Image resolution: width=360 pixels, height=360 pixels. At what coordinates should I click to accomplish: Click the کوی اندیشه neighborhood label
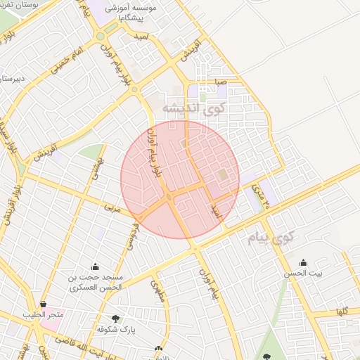[x=194, y=108]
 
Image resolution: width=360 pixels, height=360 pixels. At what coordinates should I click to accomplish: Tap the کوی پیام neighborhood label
[x=269, y=238]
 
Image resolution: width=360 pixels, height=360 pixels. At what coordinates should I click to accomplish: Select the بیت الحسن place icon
[x=303, y=262]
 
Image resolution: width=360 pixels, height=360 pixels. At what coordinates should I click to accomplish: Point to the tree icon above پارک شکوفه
[x=115, y=318]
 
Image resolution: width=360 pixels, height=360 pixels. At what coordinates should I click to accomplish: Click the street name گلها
[x=342, y=310]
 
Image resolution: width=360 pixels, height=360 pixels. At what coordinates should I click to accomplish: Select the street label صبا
[x=220, y=82]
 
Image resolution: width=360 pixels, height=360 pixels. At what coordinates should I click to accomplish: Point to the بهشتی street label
[x=94, y=167]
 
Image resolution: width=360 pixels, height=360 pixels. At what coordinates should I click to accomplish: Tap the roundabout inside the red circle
[x=170, y=198]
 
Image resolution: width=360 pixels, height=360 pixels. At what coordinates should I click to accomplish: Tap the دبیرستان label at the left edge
[x=13, y=79]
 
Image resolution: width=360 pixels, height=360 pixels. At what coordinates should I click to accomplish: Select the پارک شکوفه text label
[x=115, y=329]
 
